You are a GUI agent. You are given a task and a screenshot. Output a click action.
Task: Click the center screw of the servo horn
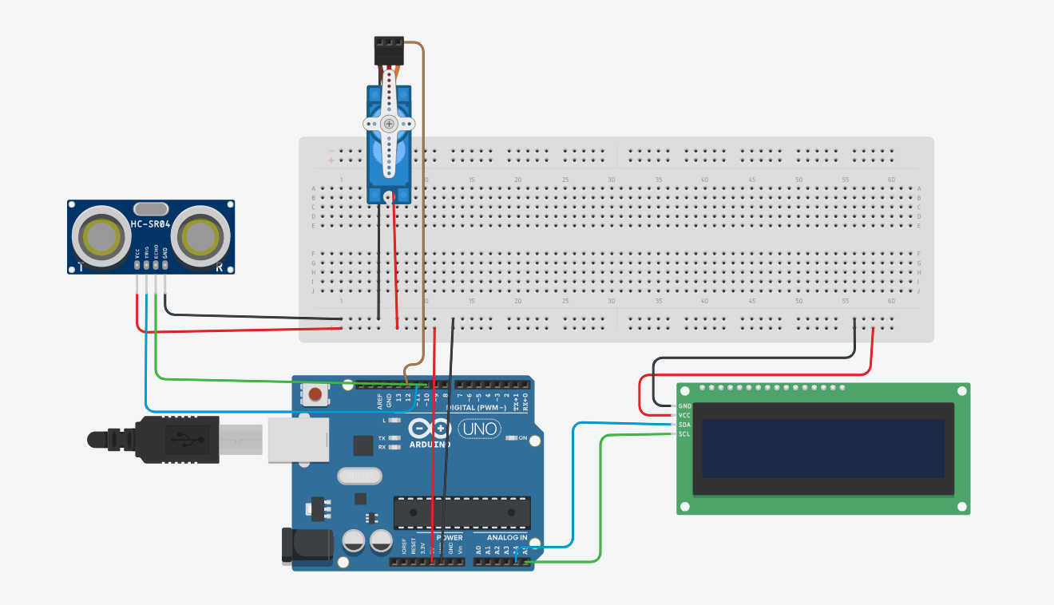point(389,124)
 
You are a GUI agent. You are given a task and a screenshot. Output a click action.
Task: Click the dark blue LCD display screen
point(822,449)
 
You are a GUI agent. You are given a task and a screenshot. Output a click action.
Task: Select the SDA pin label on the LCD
point(684,425)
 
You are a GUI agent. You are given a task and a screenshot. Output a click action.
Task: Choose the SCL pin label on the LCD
point(684,434)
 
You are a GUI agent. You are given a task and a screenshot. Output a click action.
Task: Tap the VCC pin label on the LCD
point(684,415)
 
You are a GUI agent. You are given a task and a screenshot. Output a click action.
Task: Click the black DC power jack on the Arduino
point(307,545)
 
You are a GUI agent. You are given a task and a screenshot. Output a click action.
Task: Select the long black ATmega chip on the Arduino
point(462,512)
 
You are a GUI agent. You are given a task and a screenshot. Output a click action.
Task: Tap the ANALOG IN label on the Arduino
point(501,537)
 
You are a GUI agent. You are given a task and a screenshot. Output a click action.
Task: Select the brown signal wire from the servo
point(422,200)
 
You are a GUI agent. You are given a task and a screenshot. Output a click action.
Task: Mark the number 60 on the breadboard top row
point(891,180)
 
